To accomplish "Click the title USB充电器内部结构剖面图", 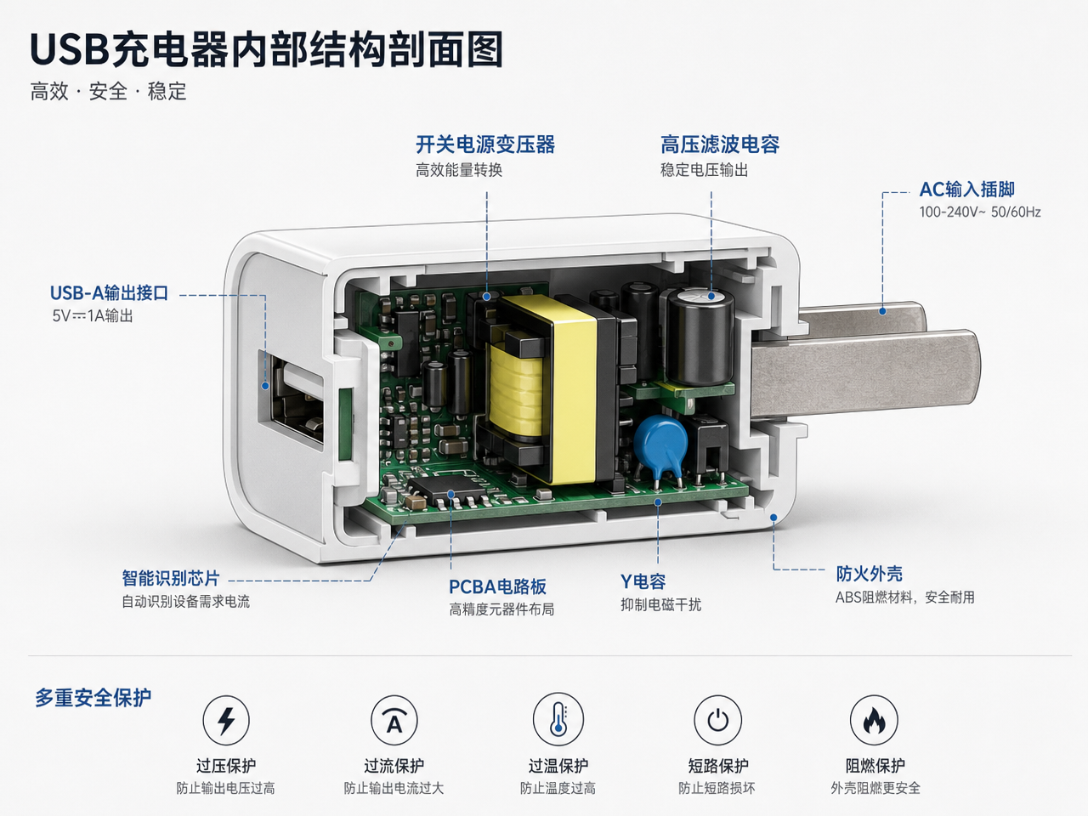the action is (x=267, y=49).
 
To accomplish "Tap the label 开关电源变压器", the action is (x=485, y=144).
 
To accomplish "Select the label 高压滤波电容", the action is (x=720, y=144).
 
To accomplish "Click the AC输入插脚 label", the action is (x=966, y=190).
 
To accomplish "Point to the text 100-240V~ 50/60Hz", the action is (x=980, y=212).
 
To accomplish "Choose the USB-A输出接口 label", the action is (x=109, y=292).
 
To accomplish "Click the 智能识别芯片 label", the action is (x=171, y=578).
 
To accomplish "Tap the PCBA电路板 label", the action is (x=497, y=586).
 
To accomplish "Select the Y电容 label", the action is (x=643, y=581).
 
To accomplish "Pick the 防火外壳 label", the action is (x=869, y=574).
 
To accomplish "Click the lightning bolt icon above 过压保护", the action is (x=226, y=721).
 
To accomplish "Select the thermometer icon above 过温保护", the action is (x=558, y=719).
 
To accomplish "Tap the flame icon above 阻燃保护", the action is (x=874, y=720).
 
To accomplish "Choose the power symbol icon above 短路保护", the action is (x=717, y=720).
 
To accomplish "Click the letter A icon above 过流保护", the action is (x=394, y=721).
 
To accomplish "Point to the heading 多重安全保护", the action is (x=93, y=698).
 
